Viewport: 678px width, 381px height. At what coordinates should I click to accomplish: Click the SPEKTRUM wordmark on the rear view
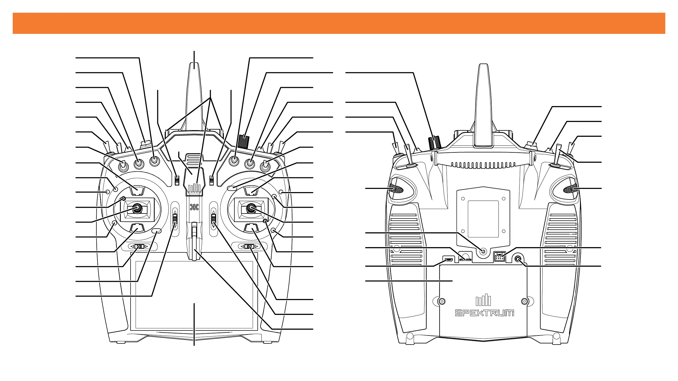coord(484,313)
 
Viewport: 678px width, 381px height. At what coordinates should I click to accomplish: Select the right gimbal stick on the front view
coord(251,208)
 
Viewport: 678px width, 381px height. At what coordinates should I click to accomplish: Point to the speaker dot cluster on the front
coord(194,207)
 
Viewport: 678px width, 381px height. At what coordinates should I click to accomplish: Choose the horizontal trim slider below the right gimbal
coord(249,247)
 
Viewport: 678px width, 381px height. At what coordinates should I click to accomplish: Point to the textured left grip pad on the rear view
coord(396,189)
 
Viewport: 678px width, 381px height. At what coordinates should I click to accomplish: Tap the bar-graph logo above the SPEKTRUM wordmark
coord(483,301)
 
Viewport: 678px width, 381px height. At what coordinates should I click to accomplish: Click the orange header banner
coord(339,23)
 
